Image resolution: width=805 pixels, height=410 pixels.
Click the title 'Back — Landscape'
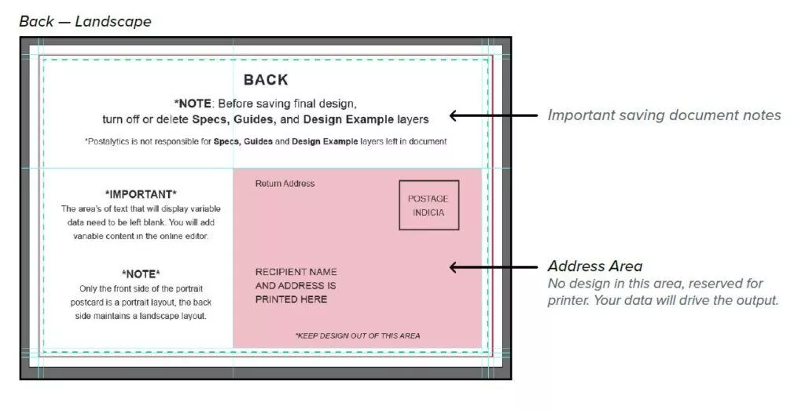pos(85,21)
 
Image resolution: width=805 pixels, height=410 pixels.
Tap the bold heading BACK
pos(266,80)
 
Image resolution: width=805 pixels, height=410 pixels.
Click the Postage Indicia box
pos(428,205)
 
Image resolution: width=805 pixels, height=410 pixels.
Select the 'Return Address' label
pos(285,184)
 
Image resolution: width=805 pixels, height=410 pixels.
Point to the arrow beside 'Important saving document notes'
pos(487,115)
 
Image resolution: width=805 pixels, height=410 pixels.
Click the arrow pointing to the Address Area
pos(487,267)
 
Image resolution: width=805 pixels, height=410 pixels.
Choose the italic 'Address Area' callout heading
pos(594,266)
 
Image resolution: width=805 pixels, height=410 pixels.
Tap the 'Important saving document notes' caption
pos(664,115)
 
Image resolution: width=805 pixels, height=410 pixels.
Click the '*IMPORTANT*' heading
pos(141,194)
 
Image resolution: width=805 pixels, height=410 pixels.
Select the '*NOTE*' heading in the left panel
pos(141,274)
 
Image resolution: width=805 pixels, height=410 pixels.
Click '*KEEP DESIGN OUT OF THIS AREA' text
pos(357,335)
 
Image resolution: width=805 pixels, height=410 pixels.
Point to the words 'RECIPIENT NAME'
pos(296,273)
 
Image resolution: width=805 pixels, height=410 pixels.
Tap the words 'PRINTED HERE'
pos(291,299)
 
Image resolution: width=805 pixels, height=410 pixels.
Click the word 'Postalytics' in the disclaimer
pos(110,142)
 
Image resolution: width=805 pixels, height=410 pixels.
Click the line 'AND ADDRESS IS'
pos(296,286)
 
